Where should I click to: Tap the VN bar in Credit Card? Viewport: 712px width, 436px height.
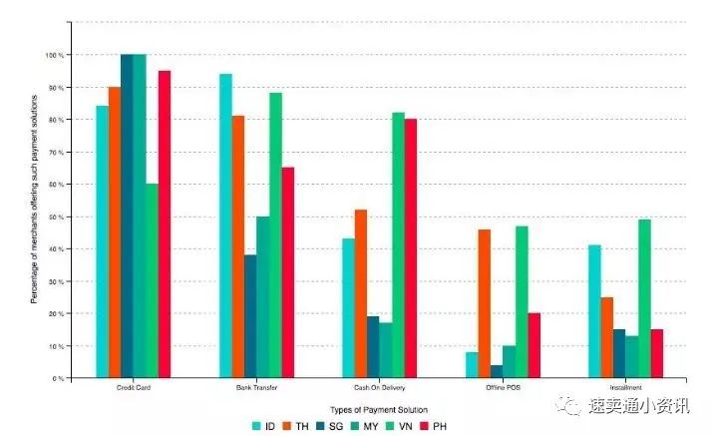tap(152, 280)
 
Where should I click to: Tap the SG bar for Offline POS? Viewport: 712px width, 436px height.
tap(497, 371)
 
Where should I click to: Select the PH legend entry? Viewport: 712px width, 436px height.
tap(454, 425)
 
